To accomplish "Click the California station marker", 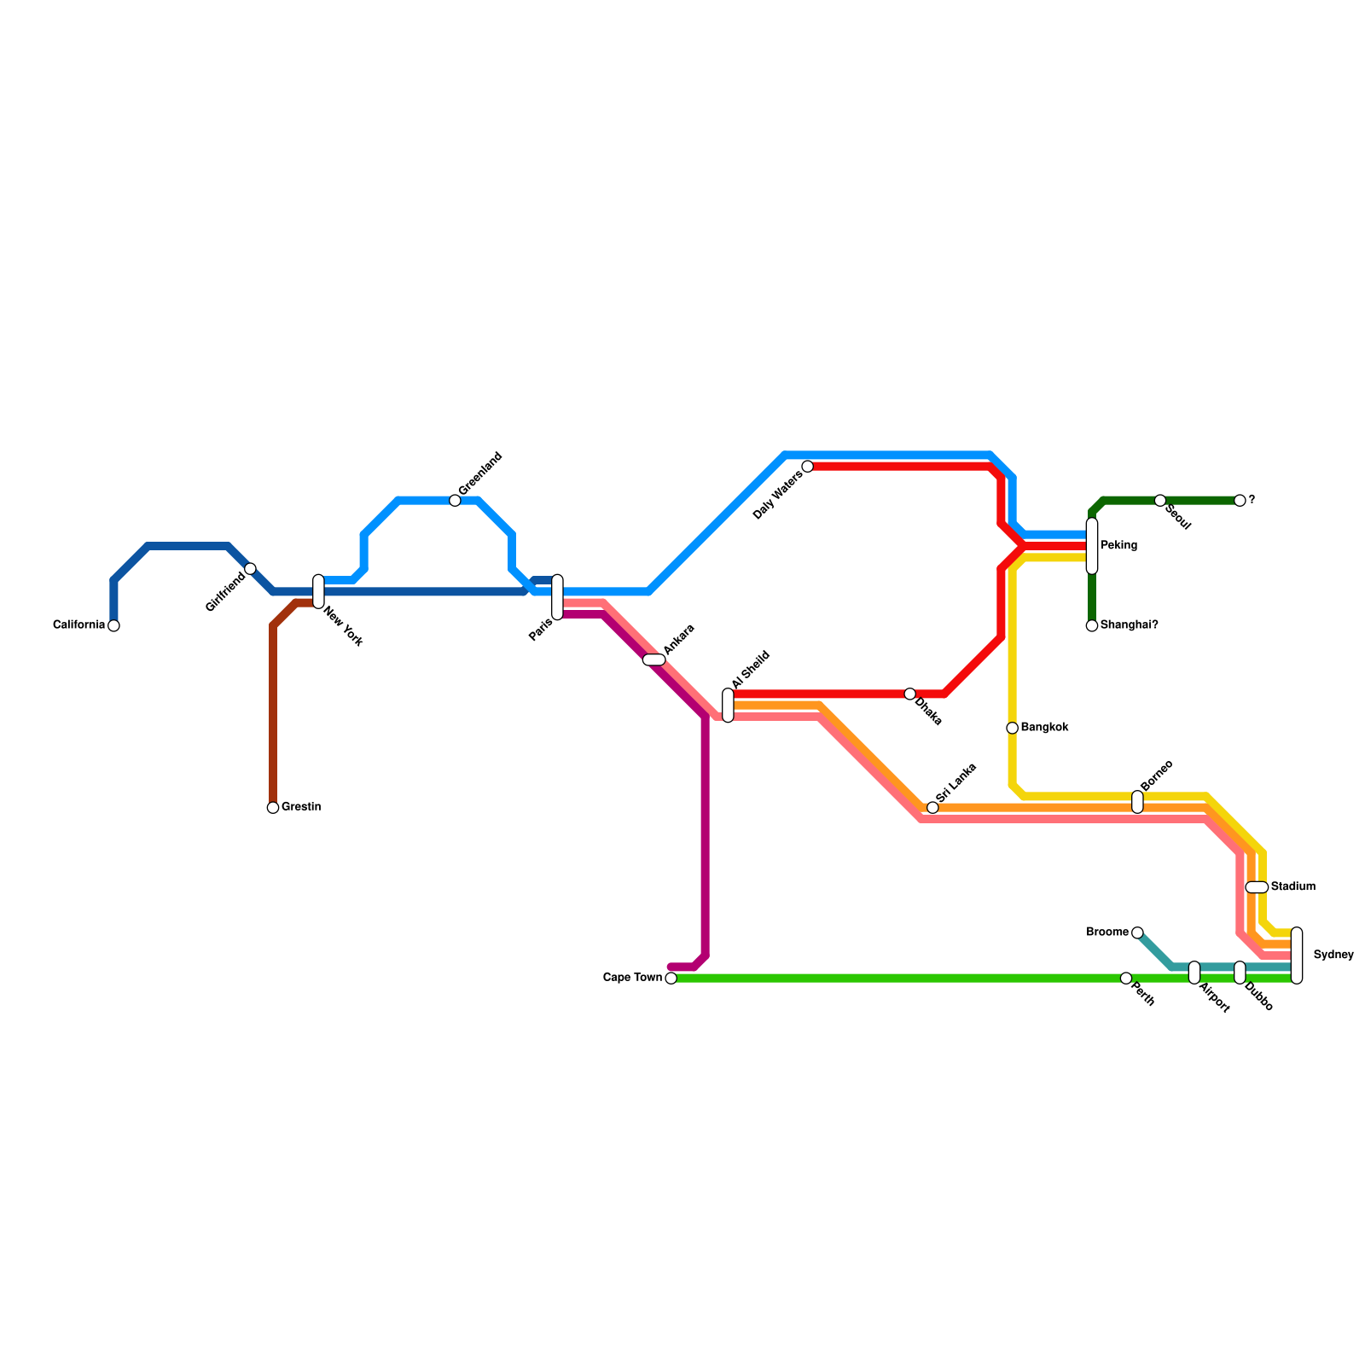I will pos(113,625).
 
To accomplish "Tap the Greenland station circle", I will pos(455,501).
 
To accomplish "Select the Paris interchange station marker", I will pos(557,597).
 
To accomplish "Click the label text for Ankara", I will pos(679,640).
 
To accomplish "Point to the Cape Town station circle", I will pos(671,979).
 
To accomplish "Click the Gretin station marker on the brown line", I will pos(273,808).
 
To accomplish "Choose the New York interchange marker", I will pos(318,591).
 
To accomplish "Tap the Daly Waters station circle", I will pos(808,467).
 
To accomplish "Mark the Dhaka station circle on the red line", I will pos(910,694).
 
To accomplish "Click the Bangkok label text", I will pos(1044,728).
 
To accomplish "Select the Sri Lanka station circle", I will pos(932,808).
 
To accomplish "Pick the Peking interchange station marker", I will pos(1092,546).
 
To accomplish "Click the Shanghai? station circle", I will pos(1092,625).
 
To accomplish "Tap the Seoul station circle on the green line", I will pos(1160,501).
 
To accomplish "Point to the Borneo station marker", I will pos(1137,802).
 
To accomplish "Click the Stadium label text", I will pos(1292,887).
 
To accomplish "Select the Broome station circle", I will pos(1137,932).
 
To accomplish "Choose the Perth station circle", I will pos(1126,979).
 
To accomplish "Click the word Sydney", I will pos(1333,955).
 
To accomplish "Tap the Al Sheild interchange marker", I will pos(728,705).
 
